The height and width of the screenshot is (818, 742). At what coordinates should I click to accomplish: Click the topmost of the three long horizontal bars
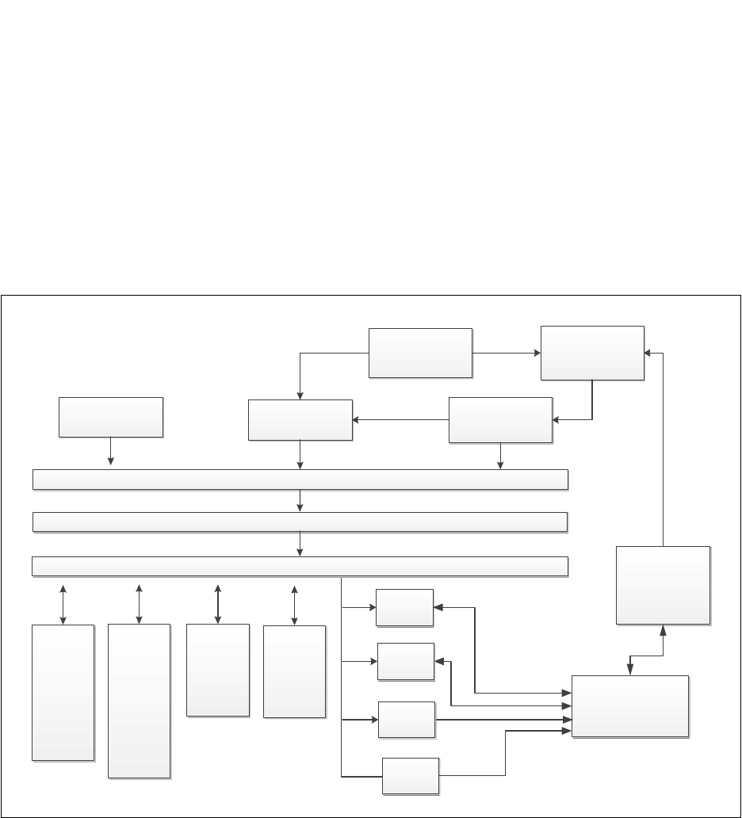tap(300, 480)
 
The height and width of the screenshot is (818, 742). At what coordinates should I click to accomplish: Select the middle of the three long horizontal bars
tap(300, 522)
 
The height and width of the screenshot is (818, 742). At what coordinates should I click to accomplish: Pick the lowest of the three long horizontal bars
tap(300, 566)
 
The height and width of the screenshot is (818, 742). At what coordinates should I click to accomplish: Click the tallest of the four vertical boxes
tap(139, 701)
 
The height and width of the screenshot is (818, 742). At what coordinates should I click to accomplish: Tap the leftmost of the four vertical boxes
tap(63, 693)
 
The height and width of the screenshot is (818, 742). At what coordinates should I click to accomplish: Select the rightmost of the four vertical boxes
tap(294, 671)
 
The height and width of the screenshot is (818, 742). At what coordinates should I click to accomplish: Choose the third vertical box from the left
tap(218, 670)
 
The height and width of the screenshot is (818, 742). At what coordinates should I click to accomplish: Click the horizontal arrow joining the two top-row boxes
tap(506, 353)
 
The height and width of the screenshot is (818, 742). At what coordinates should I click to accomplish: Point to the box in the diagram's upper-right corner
tap(592, 353)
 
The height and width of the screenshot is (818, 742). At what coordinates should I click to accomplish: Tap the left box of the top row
tap(420, 353)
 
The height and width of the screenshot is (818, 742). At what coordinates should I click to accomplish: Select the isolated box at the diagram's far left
tap(111, 417)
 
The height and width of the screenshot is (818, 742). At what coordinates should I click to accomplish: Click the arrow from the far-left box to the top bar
tap(110, 453)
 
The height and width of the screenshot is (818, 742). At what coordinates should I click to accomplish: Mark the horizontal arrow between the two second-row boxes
tap(400, 419)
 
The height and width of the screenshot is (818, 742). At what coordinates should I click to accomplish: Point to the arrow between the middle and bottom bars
tap(300, 543)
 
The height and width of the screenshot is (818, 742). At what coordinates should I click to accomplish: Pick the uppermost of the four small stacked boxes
tap(404, 608)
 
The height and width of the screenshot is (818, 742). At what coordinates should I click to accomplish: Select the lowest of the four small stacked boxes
tap(411, 776)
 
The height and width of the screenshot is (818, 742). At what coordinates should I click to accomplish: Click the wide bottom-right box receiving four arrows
tap(630, 706)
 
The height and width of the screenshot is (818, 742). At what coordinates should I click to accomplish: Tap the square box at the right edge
tap(663, 585)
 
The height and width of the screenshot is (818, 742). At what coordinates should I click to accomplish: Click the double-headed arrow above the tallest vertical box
tap(139, 604)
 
